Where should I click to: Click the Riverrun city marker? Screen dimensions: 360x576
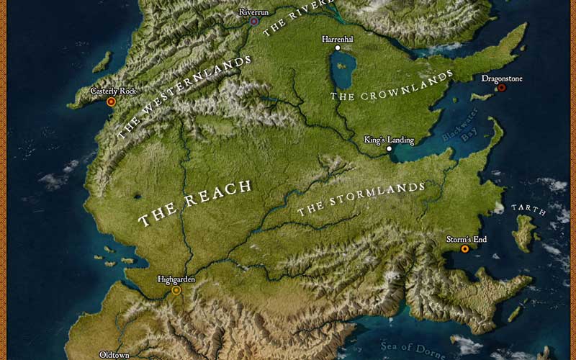(x=254, y=22)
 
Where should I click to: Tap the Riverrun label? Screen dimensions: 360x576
(x=253, y=12)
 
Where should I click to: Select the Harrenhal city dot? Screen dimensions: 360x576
(x=337, y=48)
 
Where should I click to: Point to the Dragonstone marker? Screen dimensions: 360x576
(x=501, y=88)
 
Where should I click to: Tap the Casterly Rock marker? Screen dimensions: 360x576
(x=111, y=102)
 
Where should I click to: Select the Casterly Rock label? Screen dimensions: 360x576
(x=113, y=91)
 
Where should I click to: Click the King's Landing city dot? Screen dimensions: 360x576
(x=389, y=149)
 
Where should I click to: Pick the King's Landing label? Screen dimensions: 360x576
(x=389, y=140)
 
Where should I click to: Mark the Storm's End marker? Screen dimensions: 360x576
(x=464, y=249)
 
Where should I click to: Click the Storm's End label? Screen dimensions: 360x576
(x=466, y=239)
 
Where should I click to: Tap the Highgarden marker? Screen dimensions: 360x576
(x=176, y=290)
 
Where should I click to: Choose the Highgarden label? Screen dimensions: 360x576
(x=176, y=279)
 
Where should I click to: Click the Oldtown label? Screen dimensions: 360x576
(x=114, y=355)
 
